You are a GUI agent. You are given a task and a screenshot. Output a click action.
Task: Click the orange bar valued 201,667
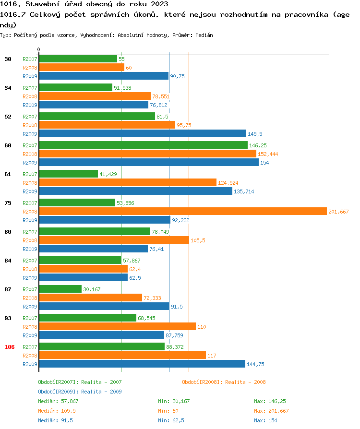click(x=182, y=211)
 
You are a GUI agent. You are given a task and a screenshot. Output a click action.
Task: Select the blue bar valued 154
click(x=149, y=162)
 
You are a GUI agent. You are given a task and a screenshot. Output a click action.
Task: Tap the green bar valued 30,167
click(x=60, y=289)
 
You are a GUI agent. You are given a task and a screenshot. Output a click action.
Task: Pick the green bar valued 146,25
click(x=143, y=145)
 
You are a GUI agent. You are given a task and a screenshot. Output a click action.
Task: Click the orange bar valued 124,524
click(x=128, y=182)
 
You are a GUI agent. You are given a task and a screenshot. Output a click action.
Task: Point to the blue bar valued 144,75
click(x=142, y=364)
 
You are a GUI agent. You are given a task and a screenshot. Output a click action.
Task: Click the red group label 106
click(x=10, y=347)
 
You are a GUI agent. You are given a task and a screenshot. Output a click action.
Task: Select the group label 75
click(x=8, y=203)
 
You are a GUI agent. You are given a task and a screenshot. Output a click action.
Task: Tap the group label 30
click(x=8, y=59)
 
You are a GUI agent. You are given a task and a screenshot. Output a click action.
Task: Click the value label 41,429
click(x=109, y=174)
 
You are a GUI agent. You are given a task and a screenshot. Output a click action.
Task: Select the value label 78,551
click(x=161, y=96)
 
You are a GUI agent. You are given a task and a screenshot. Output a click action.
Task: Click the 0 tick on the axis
click(x=39, y=49)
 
